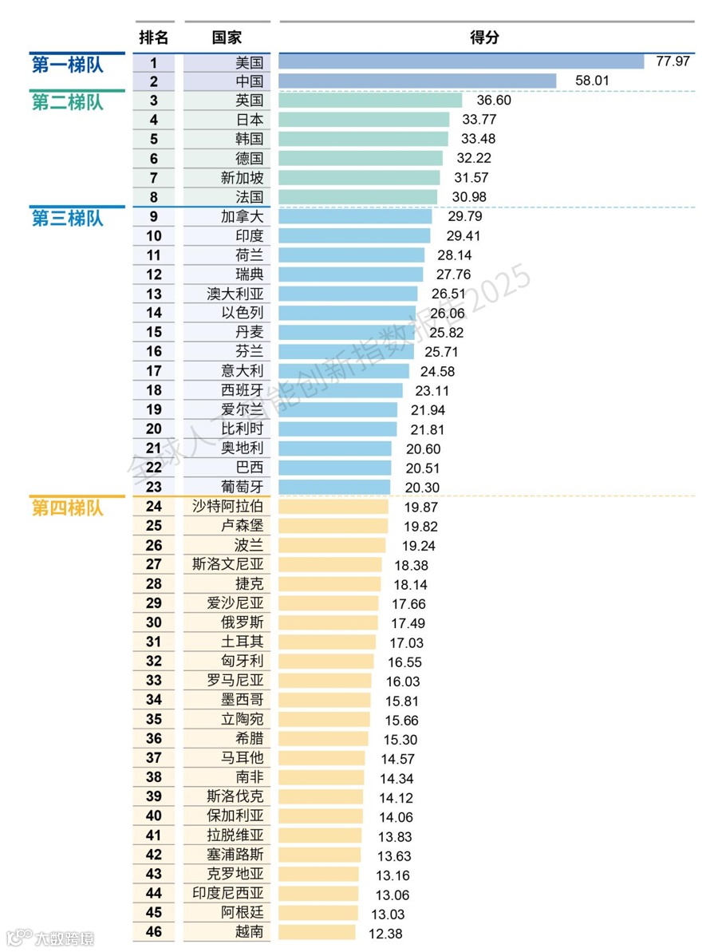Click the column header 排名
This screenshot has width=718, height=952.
pos(154,38)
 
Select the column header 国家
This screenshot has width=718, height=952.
pos(227,38)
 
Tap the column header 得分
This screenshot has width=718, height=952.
pos(485,38)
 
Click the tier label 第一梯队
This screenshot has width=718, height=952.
pos(68,65)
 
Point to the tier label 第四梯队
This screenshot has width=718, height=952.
pos(68,508)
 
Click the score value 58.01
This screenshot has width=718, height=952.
pos(593,81)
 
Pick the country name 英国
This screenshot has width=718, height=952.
pos(249,101)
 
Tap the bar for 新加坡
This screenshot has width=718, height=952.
pos(359,178)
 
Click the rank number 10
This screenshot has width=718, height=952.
pos(154,236)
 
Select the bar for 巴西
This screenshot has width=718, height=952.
pos(335,468)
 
